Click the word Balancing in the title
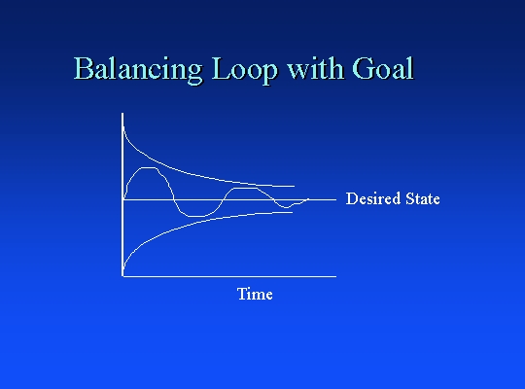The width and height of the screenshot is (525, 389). point(138,69)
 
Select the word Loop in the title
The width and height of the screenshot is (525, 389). point(245,69)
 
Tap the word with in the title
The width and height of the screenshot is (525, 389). point(316,68)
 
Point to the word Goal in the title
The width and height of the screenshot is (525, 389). point(383,68)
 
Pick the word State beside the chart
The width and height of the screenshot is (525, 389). point(423,198)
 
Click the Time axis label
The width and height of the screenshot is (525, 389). point(255,294)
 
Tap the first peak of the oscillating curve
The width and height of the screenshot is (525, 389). point(149,168)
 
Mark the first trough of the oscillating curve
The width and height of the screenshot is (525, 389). point(196,217)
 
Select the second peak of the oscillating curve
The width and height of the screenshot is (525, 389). point(245,189)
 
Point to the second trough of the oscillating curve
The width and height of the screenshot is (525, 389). point(286,207)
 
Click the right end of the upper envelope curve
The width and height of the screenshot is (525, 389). point(295,186)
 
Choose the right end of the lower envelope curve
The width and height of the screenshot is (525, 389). point(293,212)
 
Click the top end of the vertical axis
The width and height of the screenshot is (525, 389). point(122,113)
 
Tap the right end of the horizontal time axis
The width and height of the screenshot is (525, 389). point(335,276)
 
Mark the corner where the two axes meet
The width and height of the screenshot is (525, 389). point(122,276)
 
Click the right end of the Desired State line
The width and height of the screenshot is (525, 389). point(335,199)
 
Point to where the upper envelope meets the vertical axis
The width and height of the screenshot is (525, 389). point(123,126)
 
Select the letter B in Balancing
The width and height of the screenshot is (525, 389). point(83,68)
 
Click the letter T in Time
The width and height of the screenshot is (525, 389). point(241,293)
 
